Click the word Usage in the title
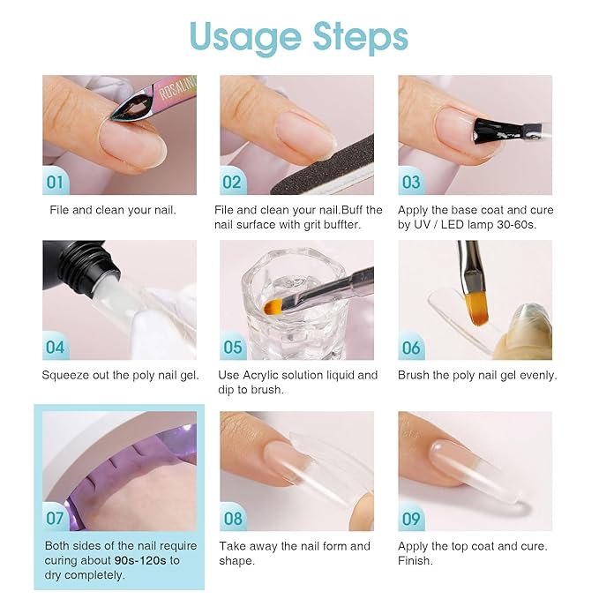(245, 38)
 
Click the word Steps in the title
(361, 37)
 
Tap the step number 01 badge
(55, 183)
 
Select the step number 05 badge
(233, 348)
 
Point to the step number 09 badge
(411, 519)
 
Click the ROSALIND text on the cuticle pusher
(177, 88)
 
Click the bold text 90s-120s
(140, 560)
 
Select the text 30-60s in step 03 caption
(516, 225)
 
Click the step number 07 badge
(55, 519)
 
